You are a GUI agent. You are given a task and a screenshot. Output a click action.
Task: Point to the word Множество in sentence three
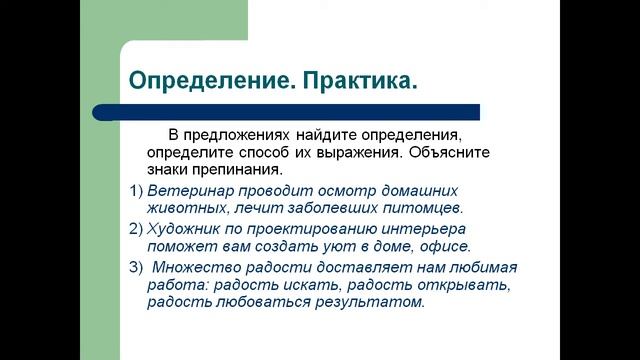pos(197,265)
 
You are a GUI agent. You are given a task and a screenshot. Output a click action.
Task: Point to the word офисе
pos(445,246)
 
